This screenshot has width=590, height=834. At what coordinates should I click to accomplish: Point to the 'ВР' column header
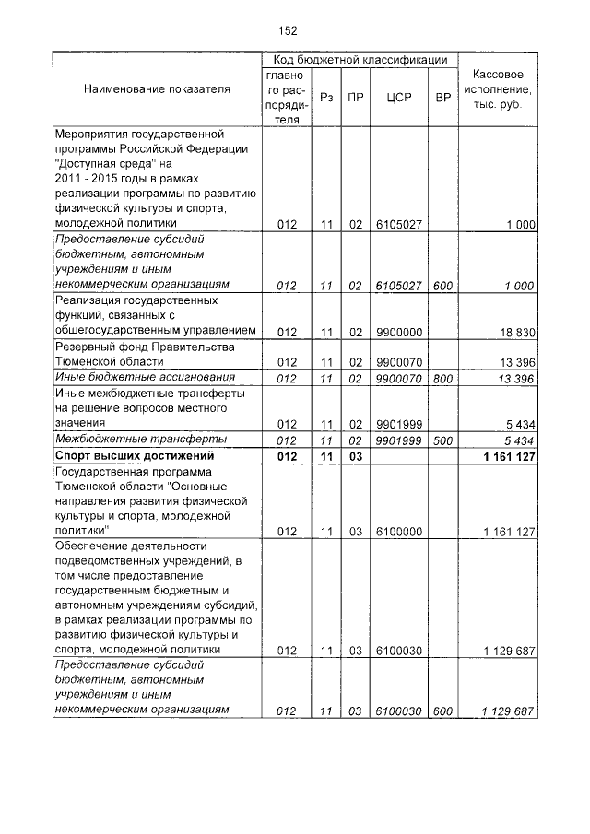point(442,96)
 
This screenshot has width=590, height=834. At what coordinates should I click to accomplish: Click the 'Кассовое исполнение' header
point(499,89)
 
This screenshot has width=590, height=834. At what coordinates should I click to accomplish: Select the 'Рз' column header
point(326,96)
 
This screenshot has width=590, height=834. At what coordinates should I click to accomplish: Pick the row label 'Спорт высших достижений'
point(135,455)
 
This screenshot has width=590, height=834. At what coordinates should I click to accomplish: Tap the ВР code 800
point(442,378)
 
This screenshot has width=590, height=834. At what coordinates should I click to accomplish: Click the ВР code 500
point(442,440)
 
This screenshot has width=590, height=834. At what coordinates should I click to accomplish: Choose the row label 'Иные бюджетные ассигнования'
point(143,378)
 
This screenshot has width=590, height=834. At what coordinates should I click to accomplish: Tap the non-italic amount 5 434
point(520,424)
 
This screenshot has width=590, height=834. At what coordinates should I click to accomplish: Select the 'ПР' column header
point(356,96)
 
